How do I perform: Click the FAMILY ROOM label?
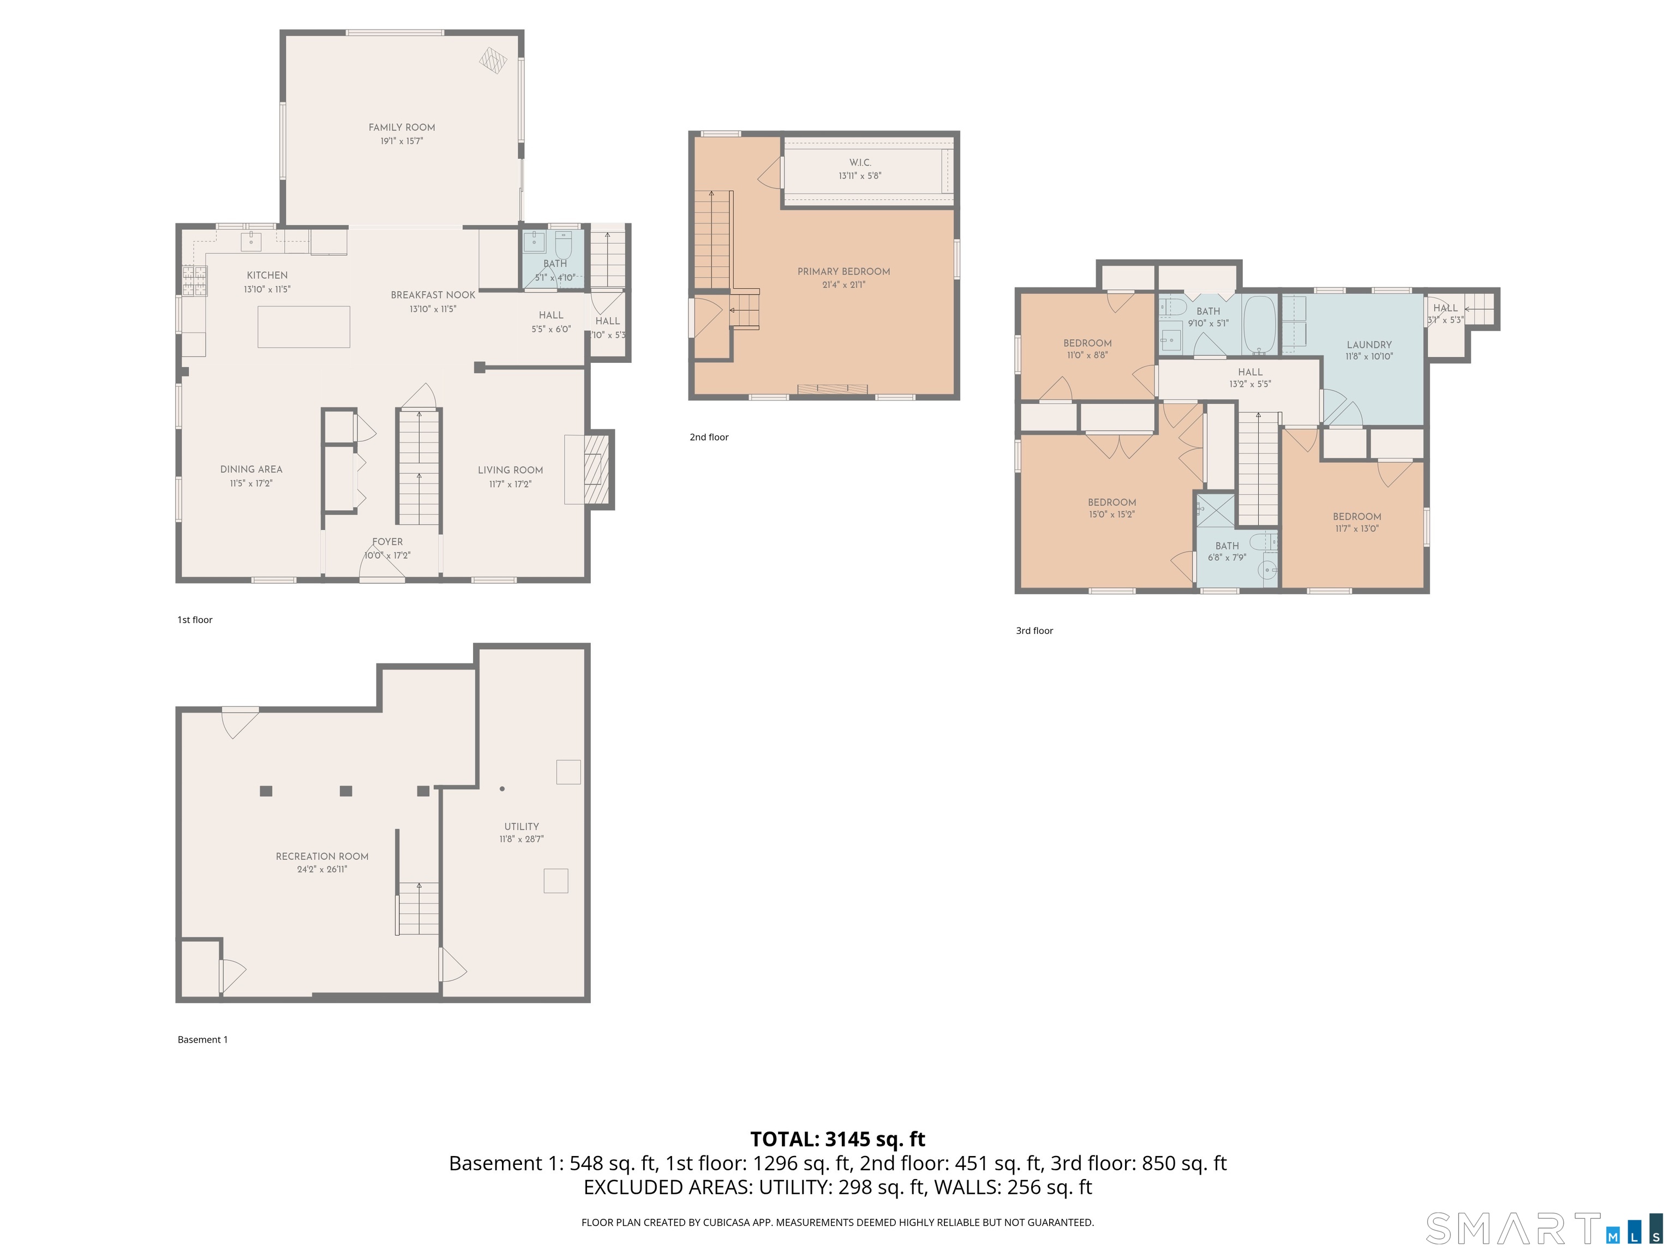click(x=402, y=127)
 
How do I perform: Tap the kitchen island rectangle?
click(x=303, y=327)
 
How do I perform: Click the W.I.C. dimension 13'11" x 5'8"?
click(x=859, y=176)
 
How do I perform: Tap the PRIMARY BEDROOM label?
click(x=843, y=271)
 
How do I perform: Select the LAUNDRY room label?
click(x=1368, y=344)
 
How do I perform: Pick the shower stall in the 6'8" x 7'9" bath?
click(x=1216, y=510)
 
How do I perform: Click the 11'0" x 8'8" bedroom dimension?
click(x=1087, y=355)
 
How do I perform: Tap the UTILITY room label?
click(x=521, y=826)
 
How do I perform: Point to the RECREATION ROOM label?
click(x=322, y=856)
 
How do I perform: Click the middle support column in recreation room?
click(x=345, y=791)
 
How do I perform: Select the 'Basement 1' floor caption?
click(x=202, y=1039)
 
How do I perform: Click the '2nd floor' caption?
click(x=709, y=437)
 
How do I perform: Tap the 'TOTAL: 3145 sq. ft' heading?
click(x=837, y=1139)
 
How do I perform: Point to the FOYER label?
click(x=387, y=542)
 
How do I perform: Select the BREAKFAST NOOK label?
click(x=433, y=295)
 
